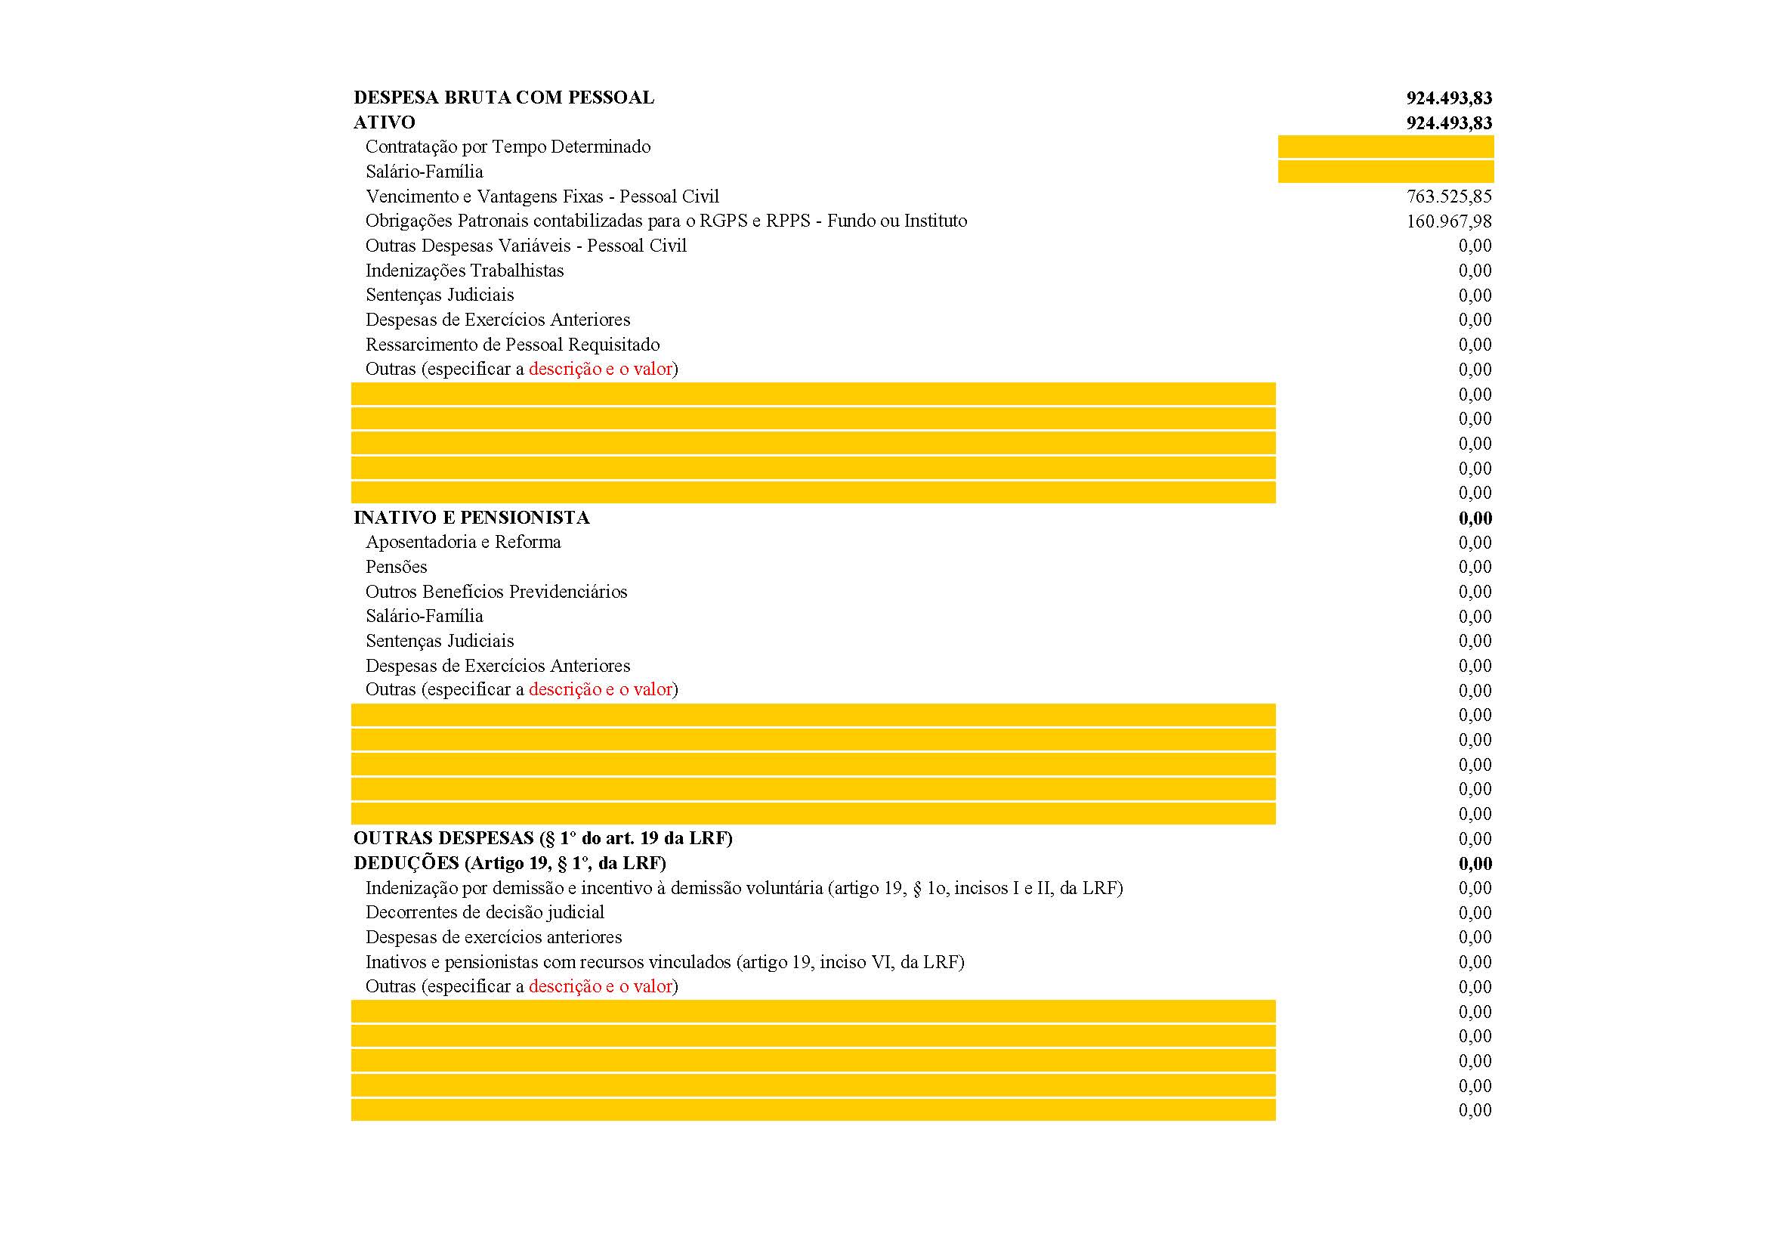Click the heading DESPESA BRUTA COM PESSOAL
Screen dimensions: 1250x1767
click(503, 97)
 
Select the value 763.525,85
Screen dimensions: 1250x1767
click(1448, 196)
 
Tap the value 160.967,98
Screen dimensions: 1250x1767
click(1448, 221)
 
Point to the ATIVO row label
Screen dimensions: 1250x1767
click(384, 122)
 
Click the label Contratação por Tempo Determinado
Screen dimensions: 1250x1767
click(507, 147)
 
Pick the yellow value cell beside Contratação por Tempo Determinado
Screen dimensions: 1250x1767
click(1385, 147)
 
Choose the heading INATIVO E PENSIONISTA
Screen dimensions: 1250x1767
click(471, 518)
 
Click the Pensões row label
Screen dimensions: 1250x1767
click(396, 568)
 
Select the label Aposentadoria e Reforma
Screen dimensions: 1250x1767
click(462, 543)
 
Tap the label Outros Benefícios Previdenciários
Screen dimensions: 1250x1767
click(496, 592)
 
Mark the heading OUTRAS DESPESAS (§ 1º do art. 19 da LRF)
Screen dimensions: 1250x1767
click(542, 838)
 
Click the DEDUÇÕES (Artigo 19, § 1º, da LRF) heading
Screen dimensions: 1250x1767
click(509, 864)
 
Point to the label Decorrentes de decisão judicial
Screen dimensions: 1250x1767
click(484, 913)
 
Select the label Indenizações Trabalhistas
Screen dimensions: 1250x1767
click(464, 271)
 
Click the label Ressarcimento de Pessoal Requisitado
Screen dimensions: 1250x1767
click(511, 345)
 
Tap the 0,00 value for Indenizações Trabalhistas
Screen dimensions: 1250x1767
click(1475, 271)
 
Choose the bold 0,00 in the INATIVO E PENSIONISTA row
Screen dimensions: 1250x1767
click(1475, 518)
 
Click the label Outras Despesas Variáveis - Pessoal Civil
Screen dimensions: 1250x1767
click(526, 246)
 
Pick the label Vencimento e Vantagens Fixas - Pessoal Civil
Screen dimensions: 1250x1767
click(542, 196)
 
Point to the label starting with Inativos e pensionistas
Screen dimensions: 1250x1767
click(664, 962)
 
